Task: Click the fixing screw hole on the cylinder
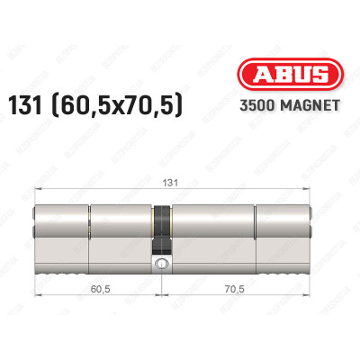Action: (161, 265)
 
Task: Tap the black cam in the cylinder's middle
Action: (161, 230)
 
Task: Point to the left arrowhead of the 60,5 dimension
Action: (36, 299)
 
